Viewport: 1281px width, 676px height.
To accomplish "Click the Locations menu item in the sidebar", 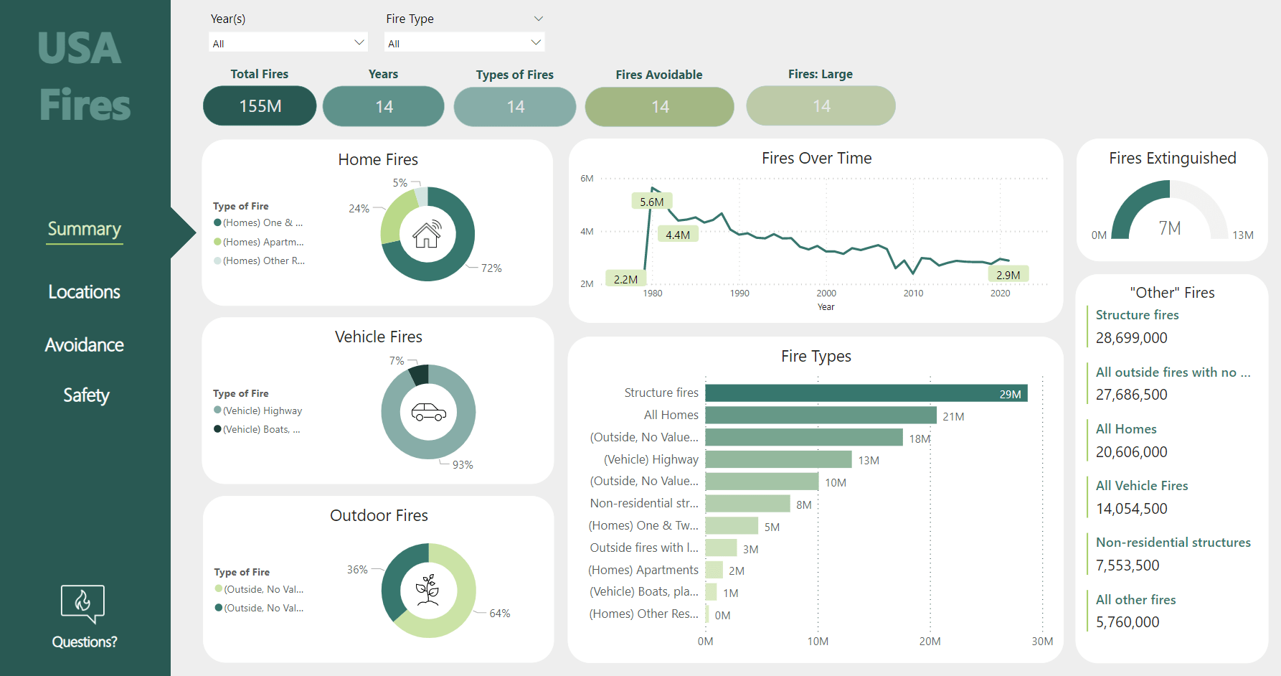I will pos(84,292).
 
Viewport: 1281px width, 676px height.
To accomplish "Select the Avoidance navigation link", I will pos(84,345).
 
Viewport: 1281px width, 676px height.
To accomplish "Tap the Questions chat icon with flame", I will pos(82,603).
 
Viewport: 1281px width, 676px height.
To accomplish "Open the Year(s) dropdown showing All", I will pos(288,43).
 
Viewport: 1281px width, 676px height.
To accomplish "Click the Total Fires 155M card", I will pos(260,106).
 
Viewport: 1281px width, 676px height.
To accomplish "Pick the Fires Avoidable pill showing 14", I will pos(659,107).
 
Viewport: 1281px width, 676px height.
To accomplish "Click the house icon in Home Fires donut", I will pos(427,234).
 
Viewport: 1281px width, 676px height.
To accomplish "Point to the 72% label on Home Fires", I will pos(491,268).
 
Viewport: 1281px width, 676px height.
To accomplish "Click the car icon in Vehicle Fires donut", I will pos(428,412).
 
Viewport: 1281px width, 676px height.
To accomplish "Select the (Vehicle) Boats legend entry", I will pos(261,429).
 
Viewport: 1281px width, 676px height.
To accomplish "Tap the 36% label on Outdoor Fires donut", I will pos(357,570).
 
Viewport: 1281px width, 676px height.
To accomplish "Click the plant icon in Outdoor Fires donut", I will pos(428,590).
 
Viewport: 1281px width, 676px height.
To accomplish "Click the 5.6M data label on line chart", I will pos(651,202).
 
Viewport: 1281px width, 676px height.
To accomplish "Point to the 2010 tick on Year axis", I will pos(913,294).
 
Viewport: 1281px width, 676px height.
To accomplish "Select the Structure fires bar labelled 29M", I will pos(866,393).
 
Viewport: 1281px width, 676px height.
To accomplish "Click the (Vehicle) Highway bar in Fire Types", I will pos(778,459).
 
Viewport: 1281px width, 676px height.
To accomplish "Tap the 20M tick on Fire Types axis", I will pos(930,642).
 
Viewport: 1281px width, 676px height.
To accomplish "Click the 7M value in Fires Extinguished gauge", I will pos(1170,228).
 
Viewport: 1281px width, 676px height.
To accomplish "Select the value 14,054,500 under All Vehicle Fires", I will pos(1132,509).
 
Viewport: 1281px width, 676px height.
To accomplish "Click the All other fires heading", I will pos(1135,600).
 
